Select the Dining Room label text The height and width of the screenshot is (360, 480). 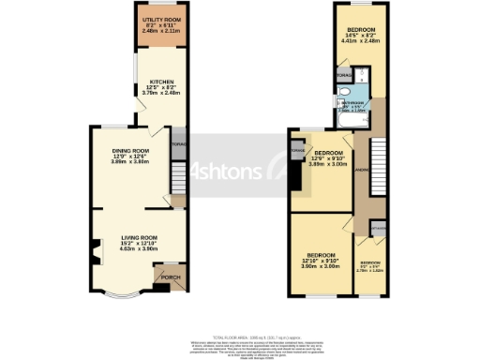(130, 151)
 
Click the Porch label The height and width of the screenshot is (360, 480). (172, 277)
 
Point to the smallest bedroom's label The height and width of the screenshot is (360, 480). (371, 266)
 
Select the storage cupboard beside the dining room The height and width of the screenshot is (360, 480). (178, 144)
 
